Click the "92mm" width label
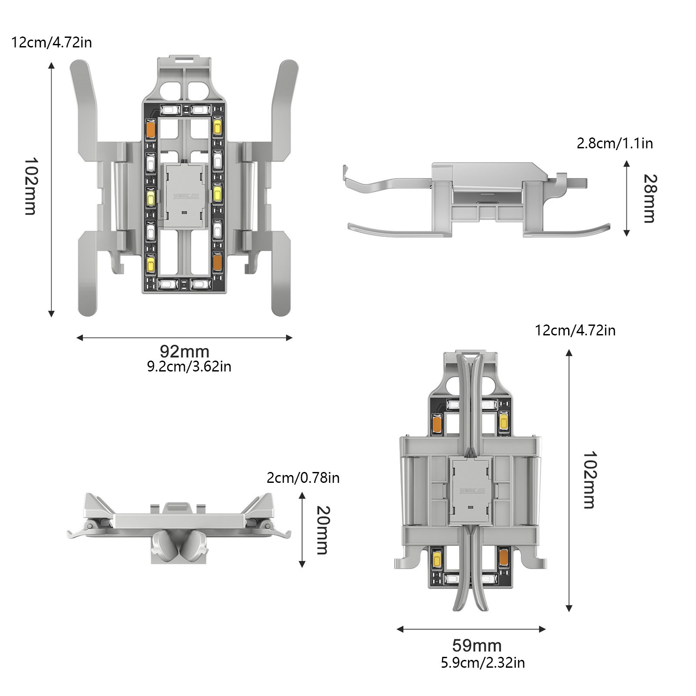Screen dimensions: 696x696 tap(184, 351)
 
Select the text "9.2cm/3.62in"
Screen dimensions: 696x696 tap(189, 367)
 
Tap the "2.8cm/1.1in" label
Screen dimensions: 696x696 tap(615, 144)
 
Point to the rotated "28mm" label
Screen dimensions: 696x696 tap(649, 198)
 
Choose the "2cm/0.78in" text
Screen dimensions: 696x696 tap(303, 478)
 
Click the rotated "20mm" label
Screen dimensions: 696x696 tap(322, 530)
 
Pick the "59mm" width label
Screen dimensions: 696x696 tap(477, 646)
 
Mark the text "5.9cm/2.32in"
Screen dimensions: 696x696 tap(483, 663)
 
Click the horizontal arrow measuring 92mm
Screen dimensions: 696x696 tap(184, 338)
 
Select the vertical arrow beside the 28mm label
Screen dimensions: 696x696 tap(626, 198)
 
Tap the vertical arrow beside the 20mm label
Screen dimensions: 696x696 tap(302, 530)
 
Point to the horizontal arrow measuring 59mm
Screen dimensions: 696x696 tap(471, 629)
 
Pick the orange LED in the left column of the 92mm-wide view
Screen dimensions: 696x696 tap(151, 128)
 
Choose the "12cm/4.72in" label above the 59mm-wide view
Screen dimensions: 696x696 tap(575, 331)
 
